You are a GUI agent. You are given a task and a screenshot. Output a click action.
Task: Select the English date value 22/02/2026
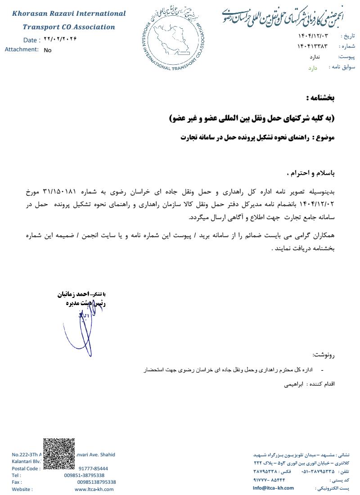point(60,39)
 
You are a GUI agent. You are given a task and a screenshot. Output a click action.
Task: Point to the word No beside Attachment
point(48,50)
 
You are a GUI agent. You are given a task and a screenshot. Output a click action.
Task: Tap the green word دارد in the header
point(313,68)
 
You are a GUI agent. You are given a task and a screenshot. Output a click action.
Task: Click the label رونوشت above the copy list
point(325,355)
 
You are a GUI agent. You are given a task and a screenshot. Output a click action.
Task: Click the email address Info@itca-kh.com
point(273,488)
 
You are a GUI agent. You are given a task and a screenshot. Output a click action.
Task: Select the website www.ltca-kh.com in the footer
point(94,489)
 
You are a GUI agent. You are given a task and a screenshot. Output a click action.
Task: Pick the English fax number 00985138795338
point(96,482)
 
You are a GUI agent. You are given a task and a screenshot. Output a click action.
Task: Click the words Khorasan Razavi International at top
point(69,13)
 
